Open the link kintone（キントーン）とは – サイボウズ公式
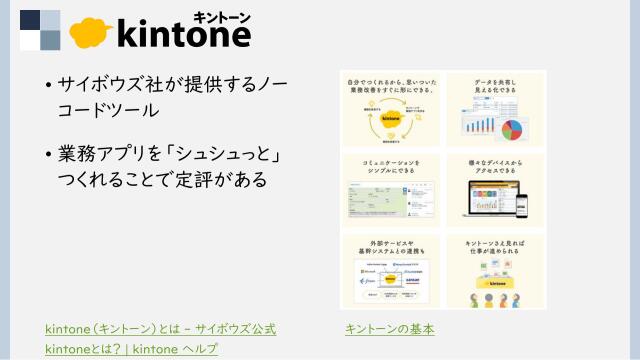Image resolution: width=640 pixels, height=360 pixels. pyautogui.click(x=160, y=328)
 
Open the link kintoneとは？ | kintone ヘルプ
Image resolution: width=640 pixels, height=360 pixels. pyautogui.click(x=131, y=348)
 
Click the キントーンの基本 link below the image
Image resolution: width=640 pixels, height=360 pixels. pyautogui.click(x=389, y=328)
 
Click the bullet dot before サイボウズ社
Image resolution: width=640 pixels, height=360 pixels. pyautogui.click(x=48, y=86)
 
